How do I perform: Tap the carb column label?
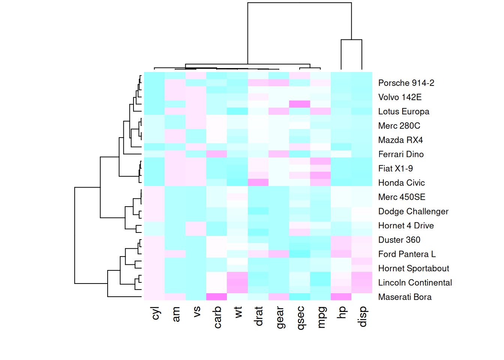coord(217,317)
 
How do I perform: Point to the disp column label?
coord(362,316)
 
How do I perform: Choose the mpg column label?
coord(321,317)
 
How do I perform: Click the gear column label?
coord(279,317)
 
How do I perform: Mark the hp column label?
coord(341,312)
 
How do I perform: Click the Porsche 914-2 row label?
coord(406,83)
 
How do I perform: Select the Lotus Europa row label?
coord(403,111)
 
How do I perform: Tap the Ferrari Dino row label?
coord(401,154)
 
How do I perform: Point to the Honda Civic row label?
coord(401,183)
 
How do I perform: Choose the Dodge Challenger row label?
coord(413,211)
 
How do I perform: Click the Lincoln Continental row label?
coord(415,282)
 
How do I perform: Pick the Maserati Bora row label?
coord(405,297)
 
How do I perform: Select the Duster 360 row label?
coord(399,240)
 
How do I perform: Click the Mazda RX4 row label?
coord(400,140)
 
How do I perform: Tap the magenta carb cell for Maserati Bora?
coord(216,297)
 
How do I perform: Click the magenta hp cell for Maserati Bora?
coord(341,297)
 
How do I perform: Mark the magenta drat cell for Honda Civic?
coord(258,183)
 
